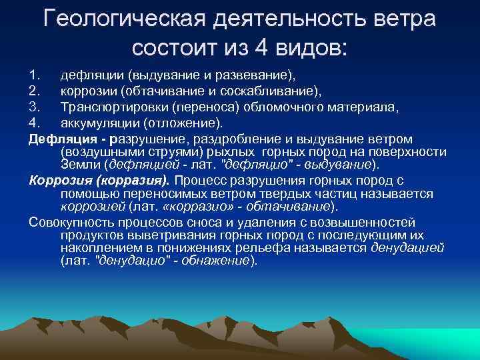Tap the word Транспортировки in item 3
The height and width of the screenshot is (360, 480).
[x=113, y=108]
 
